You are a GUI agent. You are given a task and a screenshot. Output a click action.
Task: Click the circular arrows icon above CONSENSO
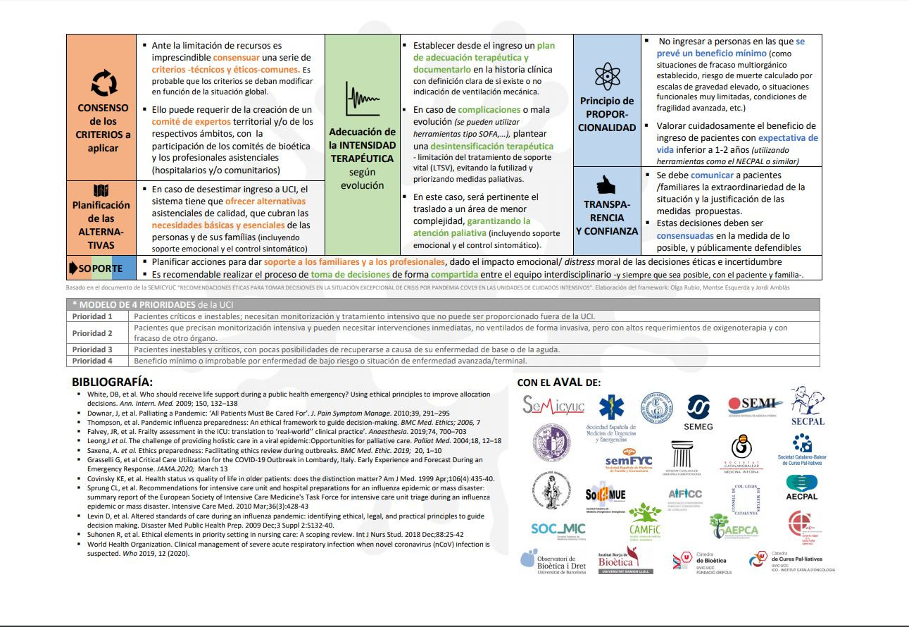tap(104, 83)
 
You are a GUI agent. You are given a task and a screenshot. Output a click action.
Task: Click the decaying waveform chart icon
tap(362, 98)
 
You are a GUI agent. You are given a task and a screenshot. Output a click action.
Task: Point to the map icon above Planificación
tap(101, 191)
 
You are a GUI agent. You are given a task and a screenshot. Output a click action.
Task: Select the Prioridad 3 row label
tap(92, 349)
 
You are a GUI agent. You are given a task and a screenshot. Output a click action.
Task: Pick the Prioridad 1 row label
tap(92, 316)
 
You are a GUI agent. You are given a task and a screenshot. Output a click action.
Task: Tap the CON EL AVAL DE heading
tap(559, 383)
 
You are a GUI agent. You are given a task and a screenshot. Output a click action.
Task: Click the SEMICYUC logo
tap(553, 405)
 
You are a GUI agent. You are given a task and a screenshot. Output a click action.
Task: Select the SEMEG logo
tap(698, 412)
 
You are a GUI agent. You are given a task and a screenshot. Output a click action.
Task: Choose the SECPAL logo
tap(807, 407)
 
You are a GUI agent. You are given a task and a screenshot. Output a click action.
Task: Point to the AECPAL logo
tap(801, 488)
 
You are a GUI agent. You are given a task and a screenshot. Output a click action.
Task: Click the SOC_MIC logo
tap(558, 529)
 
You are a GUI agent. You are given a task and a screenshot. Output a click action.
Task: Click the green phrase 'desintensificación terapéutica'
tap(492, 147)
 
